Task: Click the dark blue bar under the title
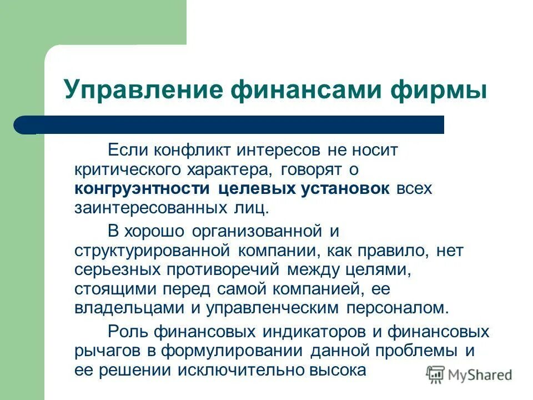point(229,125)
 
